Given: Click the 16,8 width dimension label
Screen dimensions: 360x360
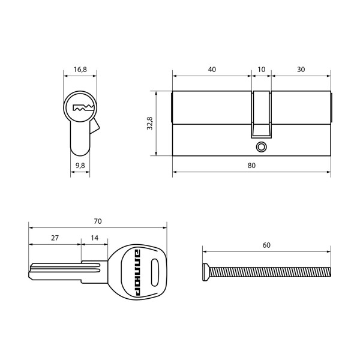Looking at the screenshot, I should [x=80, y=70].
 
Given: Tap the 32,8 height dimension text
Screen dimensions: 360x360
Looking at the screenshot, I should [x=151, y=123].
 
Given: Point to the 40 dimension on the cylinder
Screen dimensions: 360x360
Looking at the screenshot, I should [x=212, y=70].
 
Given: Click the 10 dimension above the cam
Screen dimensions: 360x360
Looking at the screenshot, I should [x=261, y=70].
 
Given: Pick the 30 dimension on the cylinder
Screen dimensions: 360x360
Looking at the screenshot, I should [x=301, y=70].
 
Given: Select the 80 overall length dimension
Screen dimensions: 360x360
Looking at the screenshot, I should [x=251, y=165].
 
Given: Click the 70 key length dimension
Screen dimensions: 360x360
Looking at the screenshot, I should [x=98, y=221].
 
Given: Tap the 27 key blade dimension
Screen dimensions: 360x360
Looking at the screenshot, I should [x=55, y=238].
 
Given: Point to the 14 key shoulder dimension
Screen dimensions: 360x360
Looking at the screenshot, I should [x=95, y=238].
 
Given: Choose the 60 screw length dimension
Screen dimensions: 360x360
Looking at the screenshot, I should [x=266, y=245].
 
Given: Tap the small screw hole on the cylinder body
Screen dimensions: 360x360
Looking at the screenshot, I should [x=260, y=146].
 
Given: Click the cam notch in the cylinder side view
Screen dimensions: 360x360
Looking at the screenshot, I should [x=261, y=114].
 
